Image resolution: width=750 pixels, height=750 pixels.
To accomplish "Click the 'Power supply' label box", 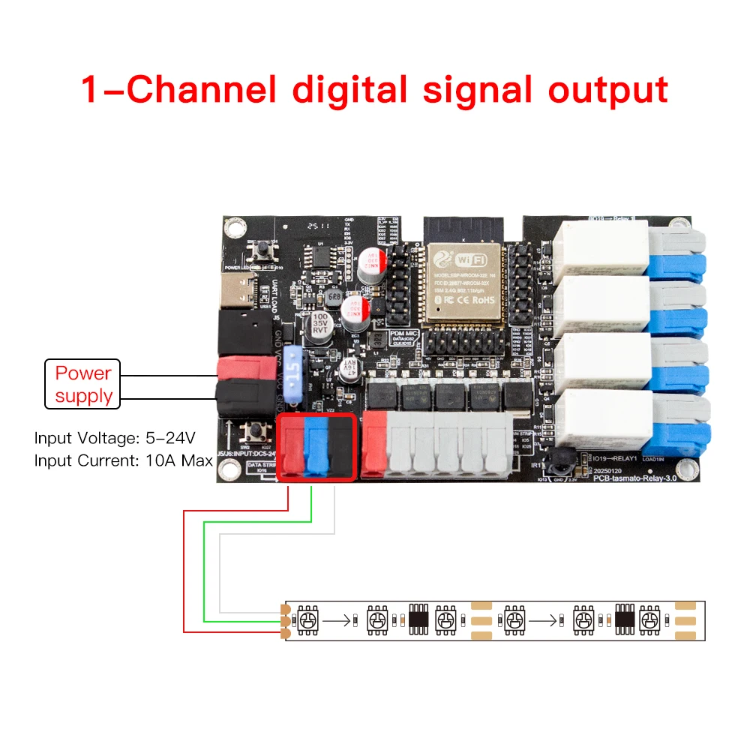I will pyautogui.click(x=83, y=385).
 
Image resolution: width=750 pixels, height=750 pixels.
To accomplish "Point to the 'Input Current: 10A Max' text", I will pyautogui.click(x=124, y=460).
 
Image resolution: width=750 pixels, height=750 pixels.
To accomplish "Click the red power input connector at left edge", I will pyautogui.click(x=244, y=368).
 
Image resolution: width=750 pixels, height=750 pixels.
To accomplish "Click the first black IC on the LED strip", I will pyautogui.click(x=418, y=620).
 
